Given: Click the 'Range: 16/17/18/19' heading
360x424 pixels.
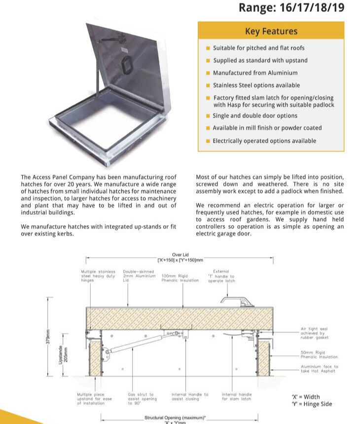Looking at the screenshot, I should point(291,8).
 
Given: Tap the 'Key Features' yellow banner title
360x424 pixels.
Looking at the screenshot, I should point(271,31).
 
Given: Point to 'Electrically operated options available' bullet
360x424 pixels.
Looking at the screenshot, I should point(264,141).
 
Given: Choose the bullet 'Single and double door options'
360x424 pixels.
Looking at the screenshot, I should point(255,116).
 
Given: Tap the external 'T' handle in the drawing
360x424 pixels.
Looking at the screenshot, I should point(234,300).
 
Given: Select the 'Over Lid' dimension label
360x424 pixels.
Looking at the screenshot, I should point(180,255).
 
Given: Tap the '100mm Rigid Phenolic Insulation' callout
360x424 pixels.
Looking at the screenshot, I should point(180,278).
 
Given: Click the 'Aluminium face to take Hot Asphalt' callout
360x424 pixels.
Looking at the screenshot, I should point(319,369).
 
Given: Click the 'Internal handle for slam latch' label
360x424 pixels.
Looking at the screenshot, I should point(236,396).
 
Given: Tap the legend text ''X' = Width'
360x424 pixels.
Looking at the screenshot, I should point(306,396).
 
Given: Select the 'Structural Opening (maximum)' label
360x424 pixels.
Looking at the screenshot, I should point(175,418).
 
